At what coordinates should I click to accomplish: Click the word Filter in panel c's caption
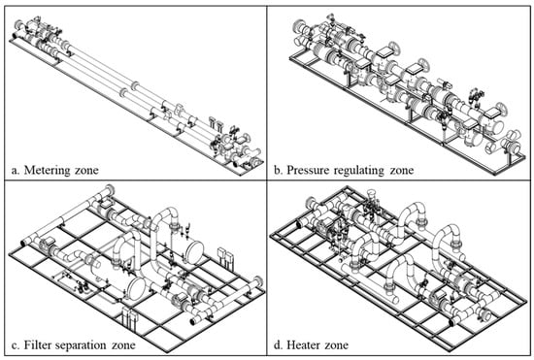click(x=37, y=344)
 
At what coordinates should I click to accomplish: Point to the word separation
click(x=81, y=345)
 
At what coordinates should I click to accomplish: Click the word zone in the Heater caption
click(x=337, y=345)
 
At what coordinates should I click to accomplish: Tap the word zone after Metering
click(x=86, y=170)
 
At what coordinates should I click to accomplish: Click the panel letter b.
click(x=279, y=170)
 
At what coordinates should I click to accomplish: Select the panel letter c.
click(x=15, y=345)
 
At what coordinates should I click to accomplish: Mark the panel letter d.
click(x=279, y=344)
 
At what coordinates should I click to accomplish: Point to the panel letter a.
click(x=15, y=170)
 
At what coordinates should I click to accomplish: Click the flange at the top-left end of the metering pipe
click(x=19, y=25)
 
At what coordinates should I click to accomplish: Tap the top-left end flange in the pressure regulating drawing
click(x=298, y=26)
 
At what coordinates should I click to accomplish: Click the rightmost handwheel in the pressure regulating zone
click(x=501, y=109)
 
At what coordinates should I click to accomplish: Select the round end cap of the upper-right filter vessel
click(x=194, y=252)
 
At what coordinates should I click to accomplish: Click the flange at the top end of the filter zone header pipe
click(x=111, y=189)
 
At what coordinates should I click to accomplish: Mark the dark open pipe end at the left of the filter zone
click(x=24, y=243)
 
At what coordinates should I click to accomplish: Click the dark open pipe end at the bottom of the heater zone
click(x=451, y=322)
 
